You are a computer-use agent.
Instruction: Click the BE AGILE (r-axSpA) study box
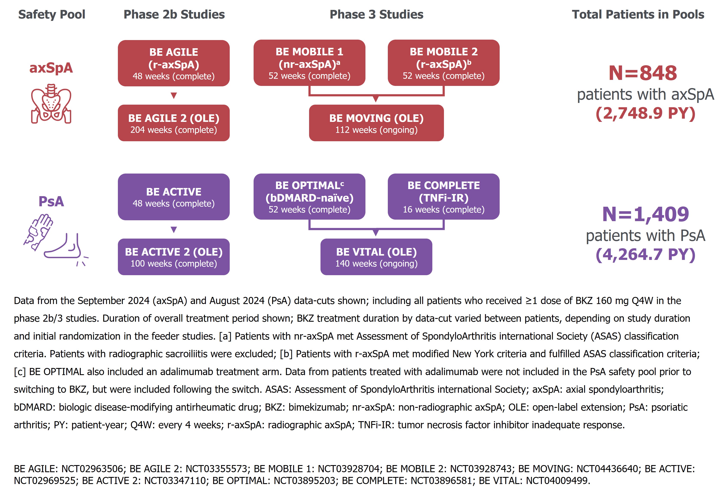pos(174,63)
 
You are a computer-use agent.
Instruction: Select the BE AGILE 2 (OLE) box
pos(174,123)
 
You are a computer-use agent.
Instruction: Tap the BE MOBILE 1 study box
pos(309,63)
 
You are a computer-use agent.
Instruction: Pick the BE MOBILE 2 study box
pos(443,63)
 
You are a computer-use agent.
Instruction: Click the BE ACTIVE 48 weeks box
pos(174,197)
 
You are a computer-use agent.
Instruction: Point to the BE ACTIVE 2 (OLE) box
pos(174,257)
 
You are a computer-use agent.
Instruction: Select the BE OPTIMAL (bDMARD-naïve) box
pos(309,196)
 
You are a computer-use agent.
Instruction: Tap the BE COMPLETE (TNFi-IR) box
pos(443,196)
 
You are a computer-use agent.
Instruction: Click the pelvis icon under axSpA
pos(51,104)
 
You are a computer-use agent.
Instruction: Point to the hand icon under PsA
pos(39,231)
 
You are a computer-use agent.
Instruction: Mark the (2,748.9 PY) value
pos(645,113)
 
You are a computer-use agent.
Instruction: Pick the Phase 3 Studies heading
pos(376,14)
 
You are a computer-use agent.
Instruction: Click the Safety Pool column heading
pos(51,14)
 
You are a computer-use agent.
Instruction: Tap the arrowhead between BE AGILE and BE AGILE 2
pos(174,95)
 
